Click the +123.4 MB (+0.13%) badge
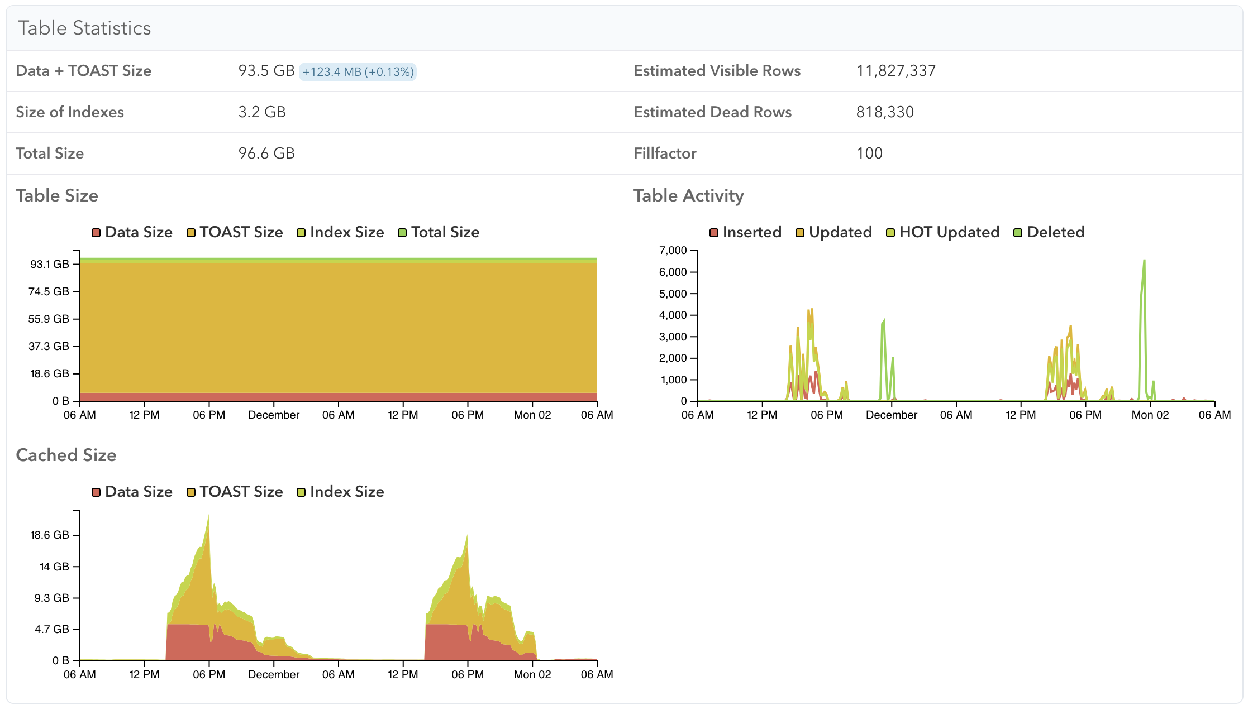[x=358, y=71]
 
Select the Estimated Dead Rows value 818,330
[x=885, y=112]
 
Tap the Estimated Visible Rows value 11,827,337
[x=896, y=71]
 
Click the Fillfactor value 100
[x=869, y=153]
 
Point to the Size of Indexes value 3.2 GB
[x=262, y=112]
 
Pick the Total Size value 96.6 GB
[x=266, y=153]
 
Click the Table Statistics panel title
[x=84, y=28]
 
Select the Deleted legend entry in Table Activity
[x=1049, y=232]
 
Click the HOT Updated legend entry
[x=943, y=232]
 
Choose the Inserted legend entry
[x=745, y=232]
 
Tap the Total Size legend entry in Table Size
[x=439, y=232]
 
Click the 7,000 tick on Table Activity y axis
[x=673, y=250]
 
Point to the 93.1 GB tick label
[x=50, y=264]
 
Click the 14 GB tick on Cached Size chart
[x=54, y=567]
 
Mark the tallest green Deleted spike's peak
[x=1144, y=260]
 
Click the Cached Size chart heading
[x=66, y=455]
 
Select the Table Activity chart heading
[x=688, y=196]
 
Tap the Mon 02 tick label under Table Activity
[x=1150, y=415]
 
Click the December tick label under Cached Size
[x=274, y=675]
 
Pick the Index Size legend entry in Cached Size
[x=340, y=492]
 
